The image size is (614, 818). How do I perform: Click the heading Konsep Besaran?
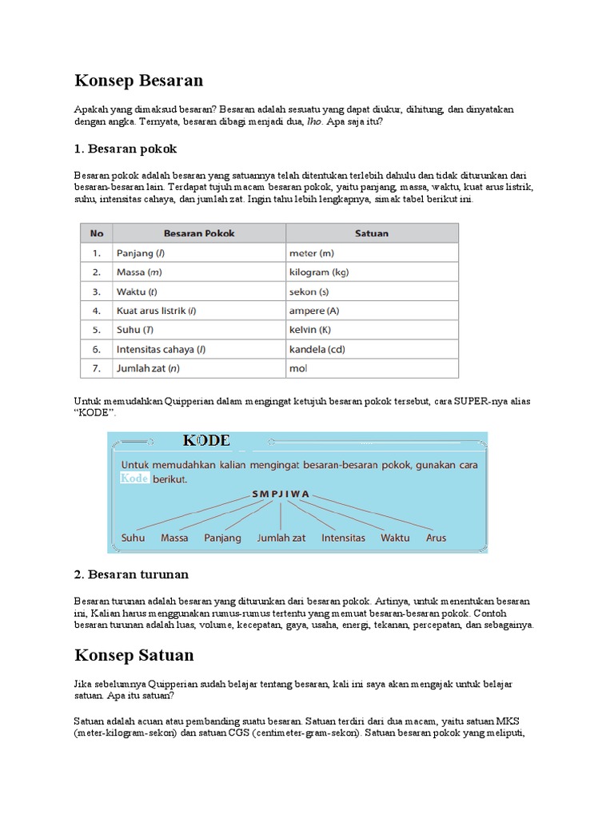(138, 81)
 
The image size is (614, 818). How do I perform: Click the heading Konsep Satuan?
(134, 655)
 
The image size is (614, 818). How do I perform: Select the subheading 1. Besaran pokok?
(126, 149)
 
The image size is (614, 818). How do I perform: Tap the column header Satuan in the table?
(372, 233)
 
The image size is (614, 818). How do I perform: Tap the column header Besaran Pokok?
(199, 233)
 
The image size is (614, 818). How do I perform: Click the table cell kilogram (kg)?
(319, 272)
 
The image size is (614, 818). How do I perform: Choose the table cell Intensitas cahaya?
(161, 349)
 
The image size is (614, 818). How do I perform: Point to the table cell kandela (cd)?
(317, 349)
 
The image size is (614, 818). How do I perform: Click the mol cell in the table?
(298, 368)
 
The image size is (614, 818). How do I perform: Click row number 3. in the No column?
(96, 292)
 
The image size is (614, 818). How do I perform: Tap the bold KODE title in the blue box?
(206, 441)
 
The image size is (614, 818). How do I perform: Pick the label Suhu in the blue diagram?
(133, 538)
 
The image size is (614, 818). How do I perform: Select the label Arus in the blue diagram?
(436, 538)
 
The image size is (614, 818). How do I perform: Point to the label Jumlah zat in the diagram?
(281, 538)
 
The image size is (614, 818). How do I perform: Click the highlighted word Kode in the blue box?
(134, 478)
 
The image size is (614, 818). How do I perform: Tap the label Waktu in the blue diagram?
(395, 538)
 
